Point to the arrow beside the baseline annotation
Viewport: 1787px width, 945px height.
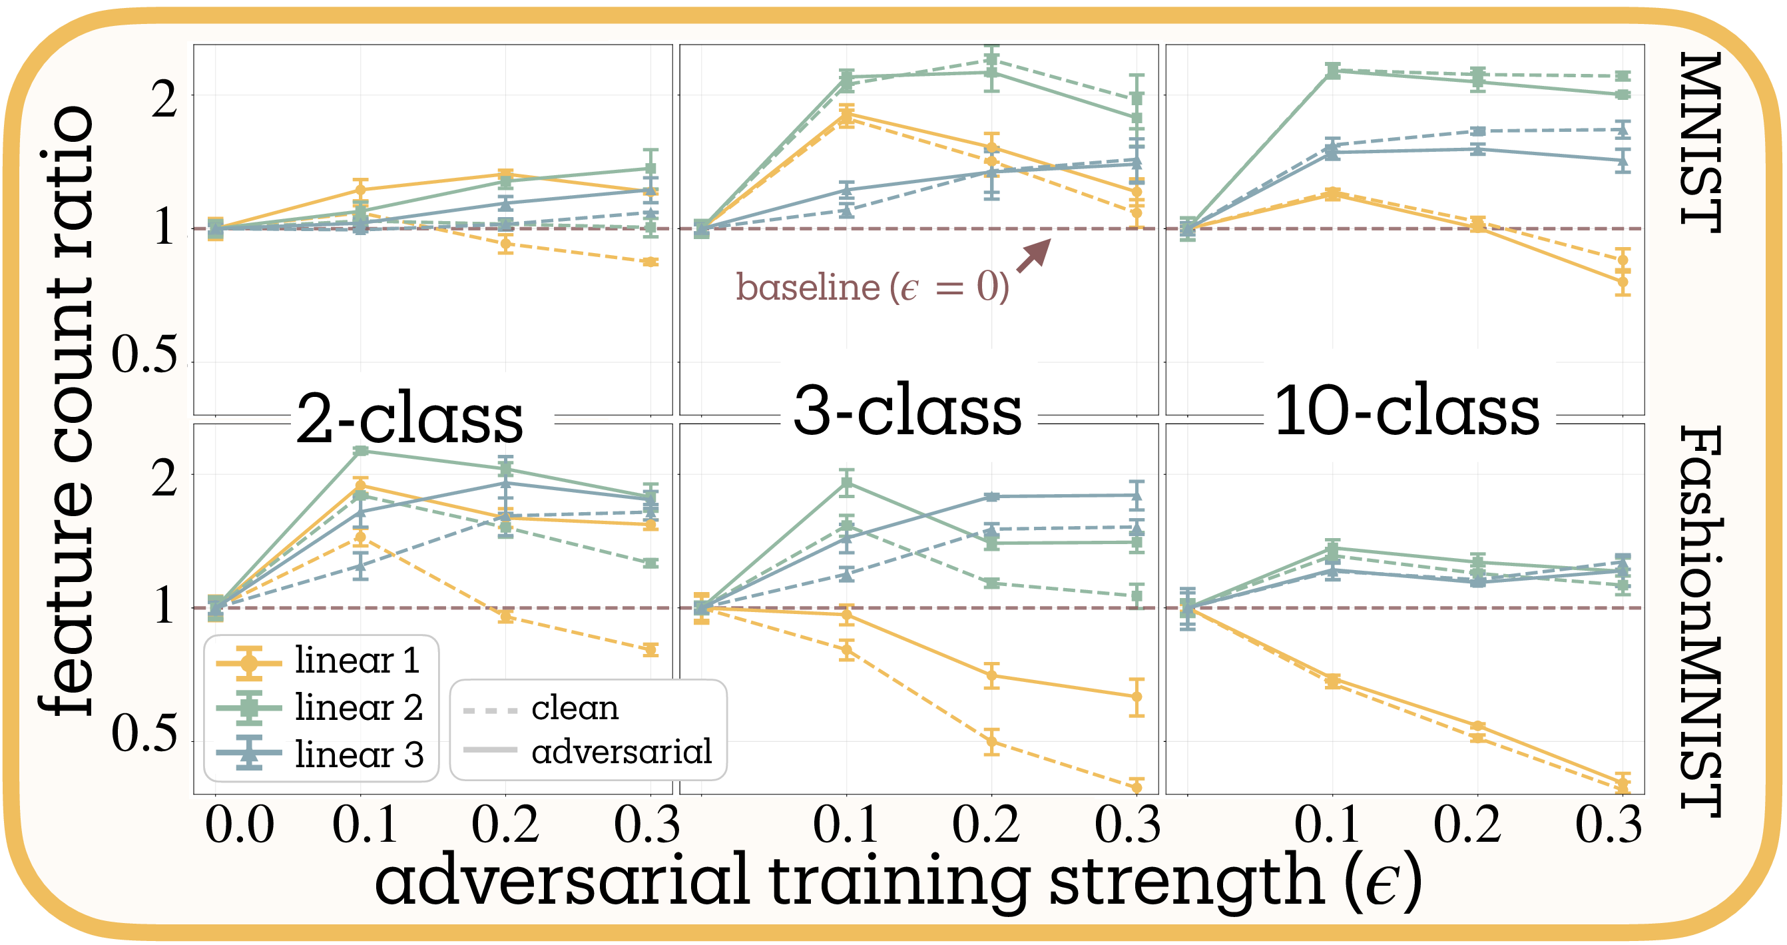click(x=1033, y=255)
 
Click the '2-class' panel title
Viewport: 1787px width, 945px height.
click(x=409, y=420)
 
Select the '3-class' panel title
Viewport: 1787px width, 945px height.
click(x=907, y=411)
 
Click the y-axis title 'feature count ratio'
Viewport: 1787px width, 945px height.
click(x=66, y=410)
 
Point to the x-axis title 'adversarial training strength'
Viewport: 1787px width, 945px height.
click(x=898, y=880)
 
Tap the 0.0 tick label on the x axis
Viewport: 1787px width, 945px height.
click(x=239, y=826)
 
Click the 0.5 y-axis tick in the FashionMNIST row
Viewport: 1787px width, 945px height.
click(x=144, y=733)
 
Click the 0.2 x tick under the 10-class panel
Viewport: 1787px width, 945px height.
click(x=1468, y=826)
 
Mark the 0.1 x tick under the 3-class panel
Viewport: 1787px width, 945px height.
click(x=846, y=826)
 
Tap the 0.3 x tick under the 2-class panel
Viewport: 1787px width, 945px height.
click(x=646, y=826)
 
